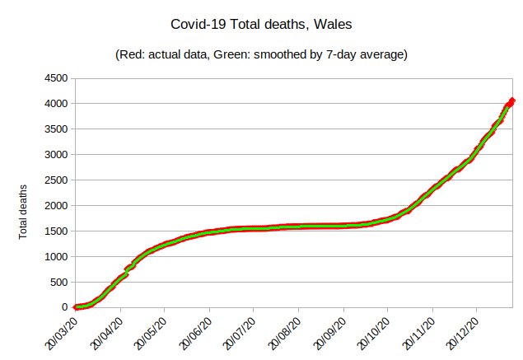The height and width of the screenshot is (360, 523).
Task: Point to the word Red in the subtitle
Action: [x=133, y=55]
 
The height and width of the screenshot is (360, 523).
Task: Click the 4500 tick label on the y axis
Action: [x=58, y=78]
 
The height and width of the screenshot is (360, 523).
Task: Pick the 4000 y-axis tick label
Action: [x=58, y=104]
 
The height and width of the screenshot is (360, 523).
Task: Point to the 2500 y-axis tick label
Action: [x=58, y=180]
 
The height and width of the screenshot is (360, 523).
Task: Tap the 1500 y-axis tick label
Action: [x=58, y=231]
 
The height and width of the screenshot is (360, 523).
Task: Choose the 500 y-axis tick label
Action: [x=60, y=282]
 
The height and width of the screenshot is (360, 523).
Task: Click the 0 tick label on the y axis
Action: [x=67, y=307]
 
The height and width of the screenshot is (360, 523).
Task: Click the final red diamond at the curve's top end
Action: [x=511, y=101]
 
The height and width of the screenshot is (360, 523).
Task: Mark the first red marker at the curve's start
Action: [x=76, y=307]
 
